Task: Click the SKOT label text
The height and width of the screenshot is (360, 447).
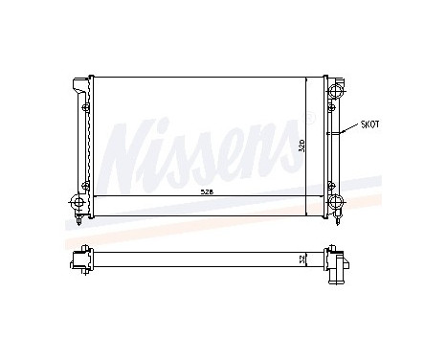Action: [x=369, y=124]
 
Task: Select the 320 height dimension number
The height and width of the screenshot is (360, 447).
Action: [x=301, y=146]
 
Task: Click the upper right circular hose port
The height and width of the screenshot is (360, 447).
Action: [x=337, y=91]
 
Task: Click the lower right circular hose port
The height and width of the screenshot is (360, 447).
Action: [x=337, y=202]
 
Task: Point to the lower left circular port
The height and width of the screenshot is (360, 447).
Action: [x=77, y=202]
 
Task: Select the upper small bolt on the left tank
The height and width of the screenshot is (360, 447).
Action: [x=85, y=107]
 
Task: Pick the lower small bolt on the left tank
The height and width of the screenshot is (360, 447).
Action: [x=85, y=183]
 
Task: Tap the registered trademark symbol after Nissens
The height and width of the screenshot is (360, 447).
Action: [x=309, y=119]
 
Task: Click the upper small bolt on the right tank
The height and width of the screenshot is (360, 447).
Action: [x=328, y=107]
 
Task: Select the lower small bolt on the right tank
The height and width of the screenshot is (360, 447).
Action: [x=328, y=183]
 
